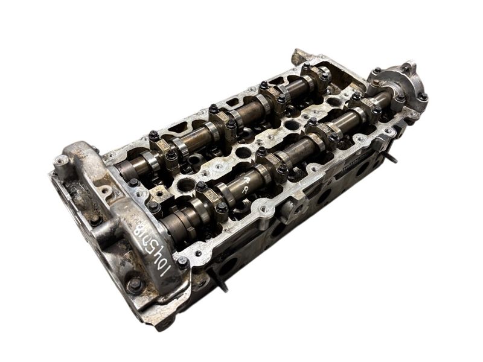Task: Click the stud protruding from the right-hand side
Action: (x=391, y=159)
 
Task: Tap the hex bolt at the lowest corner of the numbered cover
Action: (x=135, y=284)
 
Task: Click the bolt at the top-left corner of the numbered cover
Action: (x=62, y=160)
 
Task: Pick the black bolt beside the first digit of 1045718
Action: (x=182, y=262)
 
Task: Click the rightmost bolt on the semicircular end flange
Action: (x=422, y=97)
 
